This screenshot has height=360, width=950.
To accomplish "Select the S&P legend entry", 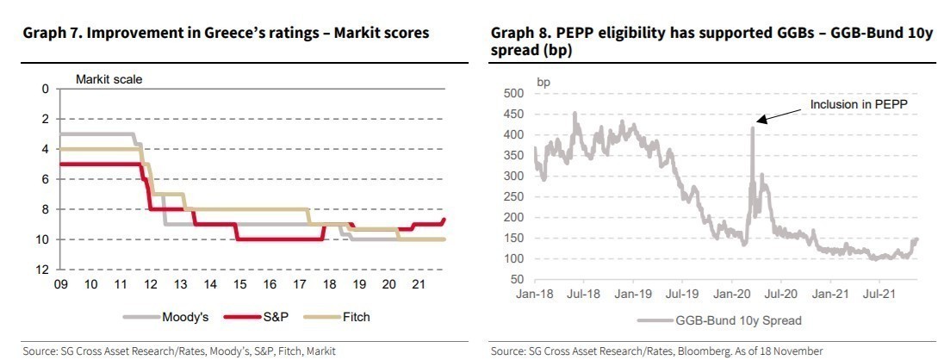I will pyautogui.click(x=276, y=317).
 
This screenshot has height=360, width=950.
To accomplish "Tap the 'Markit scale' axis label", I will pyautogui.click(x=109, y=79).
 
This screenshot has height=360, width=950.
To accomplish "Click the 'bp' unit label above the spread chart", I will pyautogui.click(x=543, y=82).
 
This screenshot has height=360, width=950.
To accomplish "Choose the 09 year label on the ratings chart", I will pyautogui.click(x=60, y=284).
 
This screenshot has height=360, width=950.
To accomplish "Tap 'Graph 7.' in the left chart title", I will pyautogui.click(x=50, y=34).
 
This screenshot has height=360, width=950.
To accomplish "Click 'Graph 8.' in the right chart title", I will pyautogui.click(x=519, y=34).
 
